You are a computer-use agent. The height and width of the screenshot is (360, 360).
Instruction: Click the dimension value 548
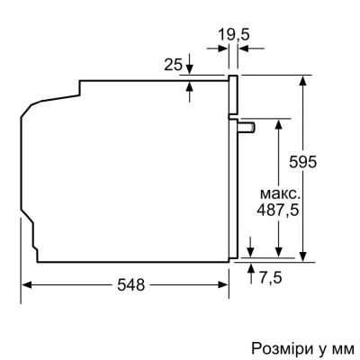click(x=131, y=284)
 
